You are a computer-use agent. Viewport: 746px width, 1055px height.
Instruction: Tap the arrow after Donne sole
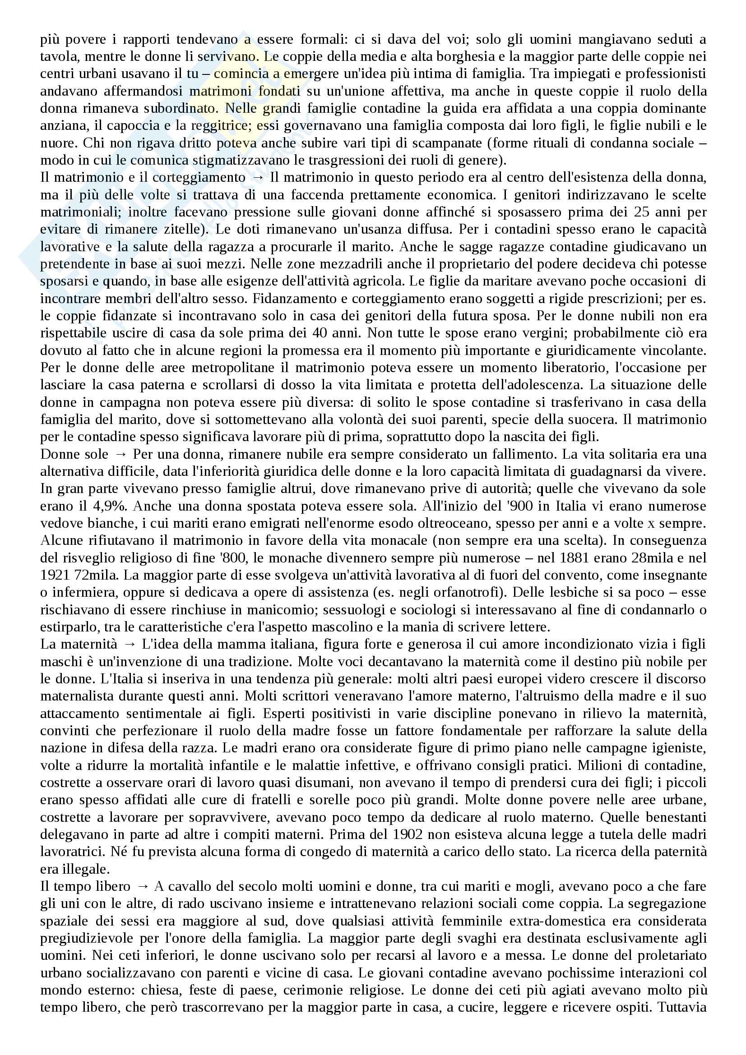coord(121,454)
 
